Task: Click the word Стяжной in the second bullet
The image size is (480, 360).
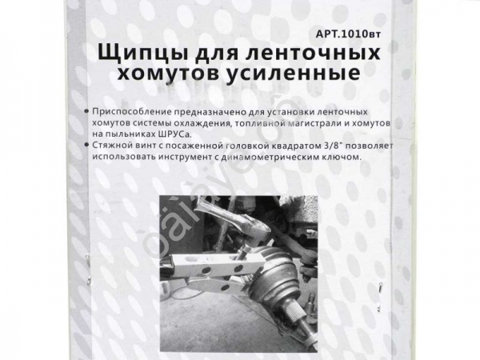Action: tap(110, 146)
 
